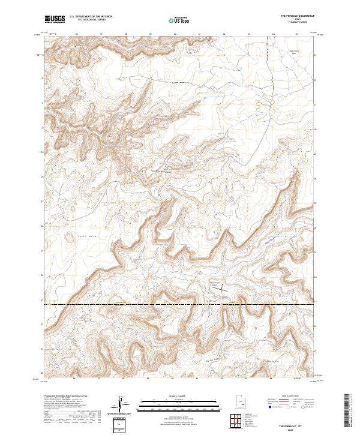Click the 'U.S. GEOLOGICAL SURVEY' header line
click(91, 20)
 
